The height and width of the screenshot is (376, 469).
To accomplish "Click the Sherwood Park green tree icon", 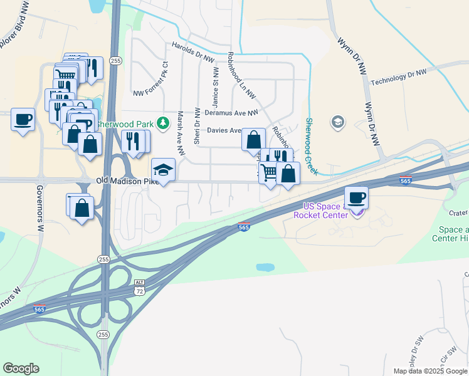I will (x=163, y=122).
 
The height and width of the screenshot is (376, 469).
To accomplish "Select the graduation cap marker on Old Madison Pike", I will (x=163, y=170).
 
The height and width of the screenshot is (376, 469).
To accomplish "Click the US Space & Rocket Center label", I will (x=325, y=211).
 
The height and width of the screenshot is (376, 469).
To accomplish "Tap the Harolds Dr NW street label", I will (x=194, y=48).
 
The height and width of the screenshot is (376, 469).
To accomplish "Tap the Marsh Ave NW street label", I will (x=181, y=133).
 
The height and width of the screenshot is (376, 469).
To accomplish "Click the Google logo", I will (x=21, y=368).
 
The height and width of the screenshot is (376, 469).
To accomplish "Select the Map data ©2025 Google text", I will (x=429, y=371).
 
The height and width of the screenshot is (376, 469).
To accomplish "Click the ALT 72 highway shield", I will (x=139, y=288).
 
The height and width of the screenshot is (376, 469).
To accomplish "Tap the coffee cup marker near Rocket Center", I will (x=356, y=197).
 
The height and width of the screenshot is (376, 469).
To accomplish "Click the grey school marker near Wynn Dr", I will (x=338, y=121).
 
